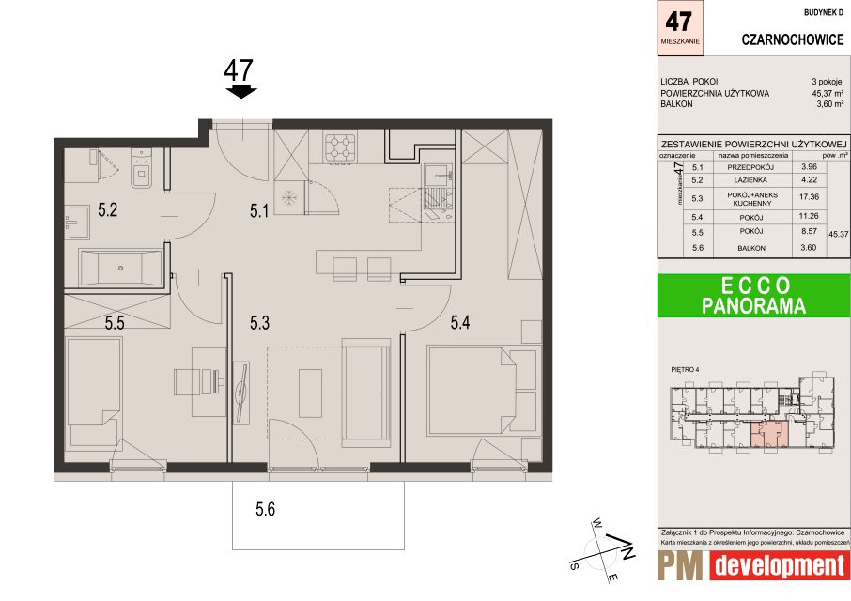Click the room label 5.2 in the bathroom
(x=107, y=209)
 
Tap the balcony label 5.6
(x=266, y=509)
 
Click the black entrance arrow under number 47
(x=241, y=91)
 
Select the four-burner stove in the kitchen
(x=340, y=146)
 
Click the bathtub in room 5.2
(x=120, y=268)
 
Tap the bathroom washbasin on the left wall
(x=77, y=222)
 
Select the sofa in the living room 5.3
(x=366, y=393)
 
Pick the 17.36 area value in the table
(x=809, y=197)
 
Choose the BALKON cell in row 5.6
(x=751, y=248)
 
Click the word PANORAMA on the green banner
(x=753, y=305)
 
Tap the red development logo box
(x=779, y=566)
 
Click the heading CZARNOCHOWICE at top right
(x=793, y=39)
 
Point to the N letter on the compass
(x=627, y=553)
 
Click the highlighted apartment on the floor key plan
(x=769, y=436)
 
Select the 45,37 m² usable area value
(x=828, y=93)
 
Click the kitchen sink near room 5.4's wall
(x=439, y=177)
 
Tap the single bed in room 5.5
(x=93, y=392)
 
